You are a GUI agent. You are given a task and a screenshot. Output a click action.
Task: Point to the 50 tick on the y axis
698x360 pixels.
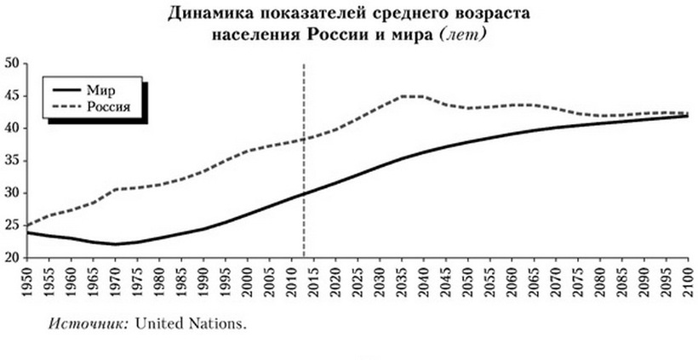[13, 63]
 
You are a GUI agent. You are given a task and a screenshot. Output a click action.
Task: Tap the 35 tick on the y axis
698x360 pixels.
[13, 160]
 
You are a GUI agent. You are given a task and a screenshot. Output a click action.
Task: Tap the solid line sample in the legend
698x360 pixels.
[62, 88]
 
